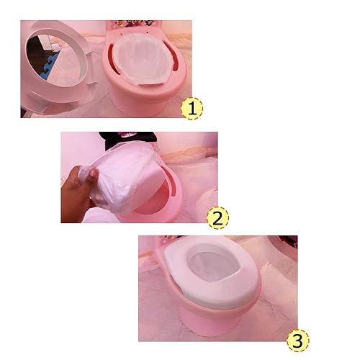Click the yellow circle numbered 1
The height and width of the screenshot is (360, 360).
191,109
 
